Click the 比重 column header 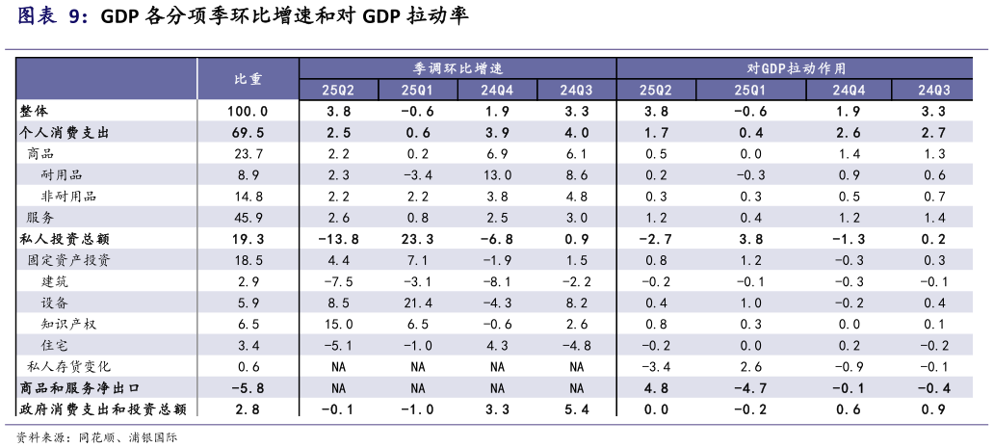pyautogui.click(x=248, y=79)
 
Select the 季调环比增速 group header pyautogui.click(x=458, y=68)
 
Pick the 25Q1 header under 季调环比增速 pyautogui.click(x=417, y=90)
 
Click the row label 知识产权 pyautogui.click(x=69, y=324)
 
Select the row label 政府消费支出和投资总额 pyautogui.click(x=103, y=408)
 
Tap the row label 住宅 pyautogui.click(x=55, y=345)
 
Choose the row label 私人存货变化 pyautogui.click(x=69, y=366)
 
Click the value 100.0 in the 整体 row pyautogui.click(x=248, y=111)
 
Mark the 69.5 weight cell pyautogui.click(x=248, y=132)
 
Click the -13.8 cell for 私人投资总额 pyautogui.click(x=338, y=238)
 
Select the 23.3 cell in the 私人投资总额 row pyautogui.click(x=417, y=238)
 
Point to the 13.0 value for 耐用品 pyautogui.click(x=497, y=174)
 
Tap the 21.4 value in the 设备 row pyautogui.click(x=417, y=303)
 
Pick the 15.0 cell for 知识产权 pyautogui.click(x=338, y=324)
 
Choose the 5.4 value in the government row pyautogui.click(x=576, y=408)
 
